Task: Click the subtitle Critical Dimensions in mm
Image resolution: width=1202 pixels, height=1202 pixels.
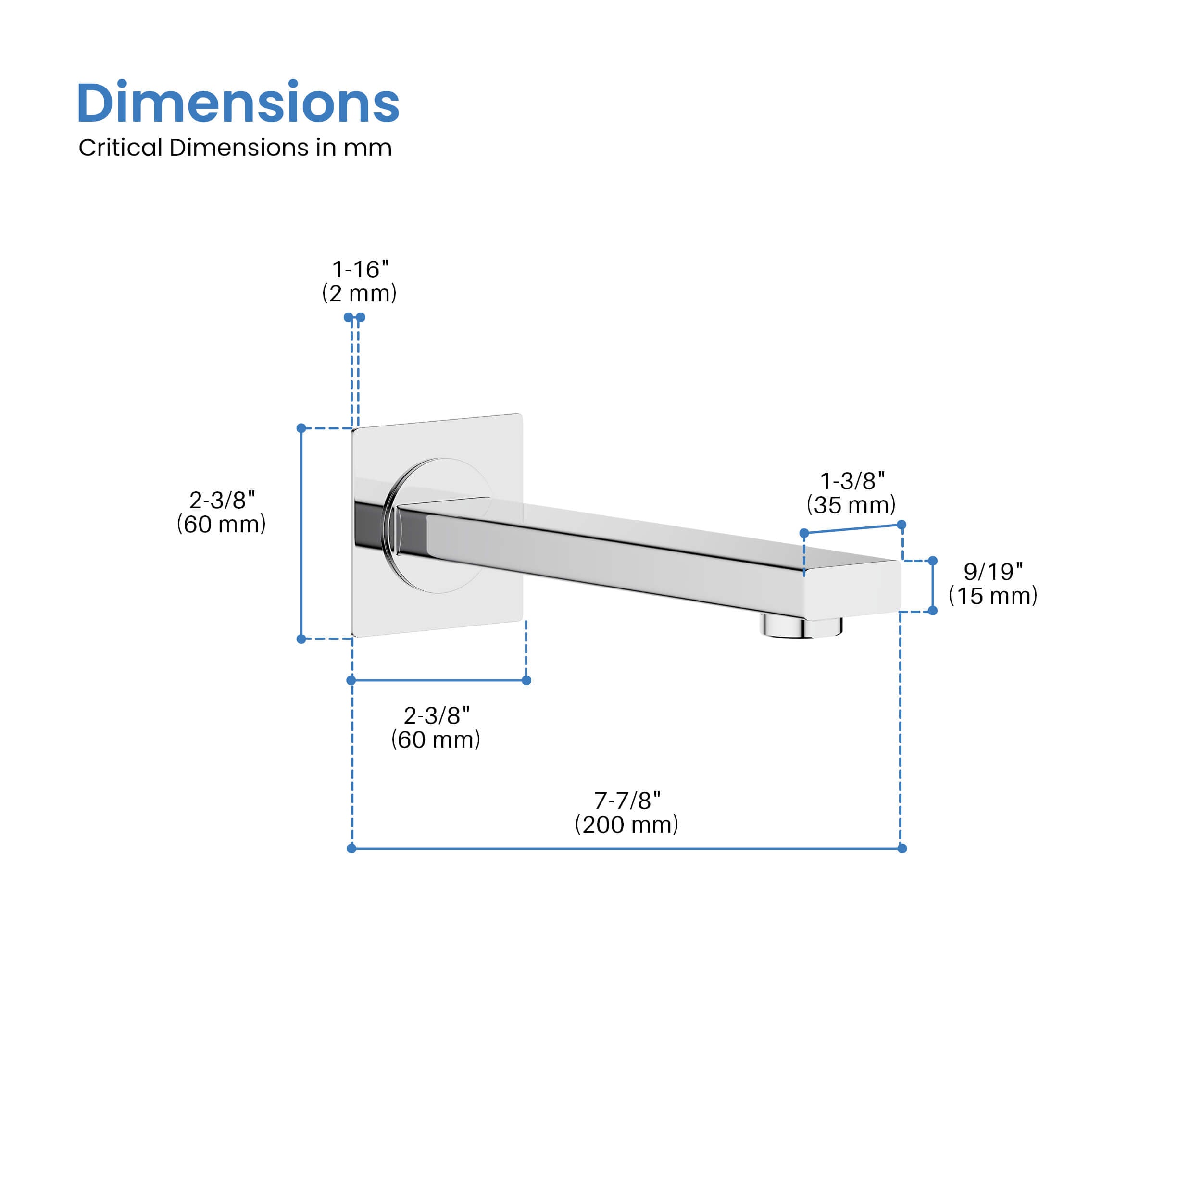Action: pos(235,148)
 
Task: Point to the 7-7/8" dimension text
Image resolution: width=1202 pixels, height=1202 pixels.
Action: pos(627,801)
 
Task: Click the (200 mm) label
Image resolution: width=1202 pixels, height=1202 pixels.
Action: pos(626,825)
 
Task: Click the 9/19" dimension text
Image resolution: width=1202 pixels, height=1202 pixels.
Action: pos(993,571)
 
